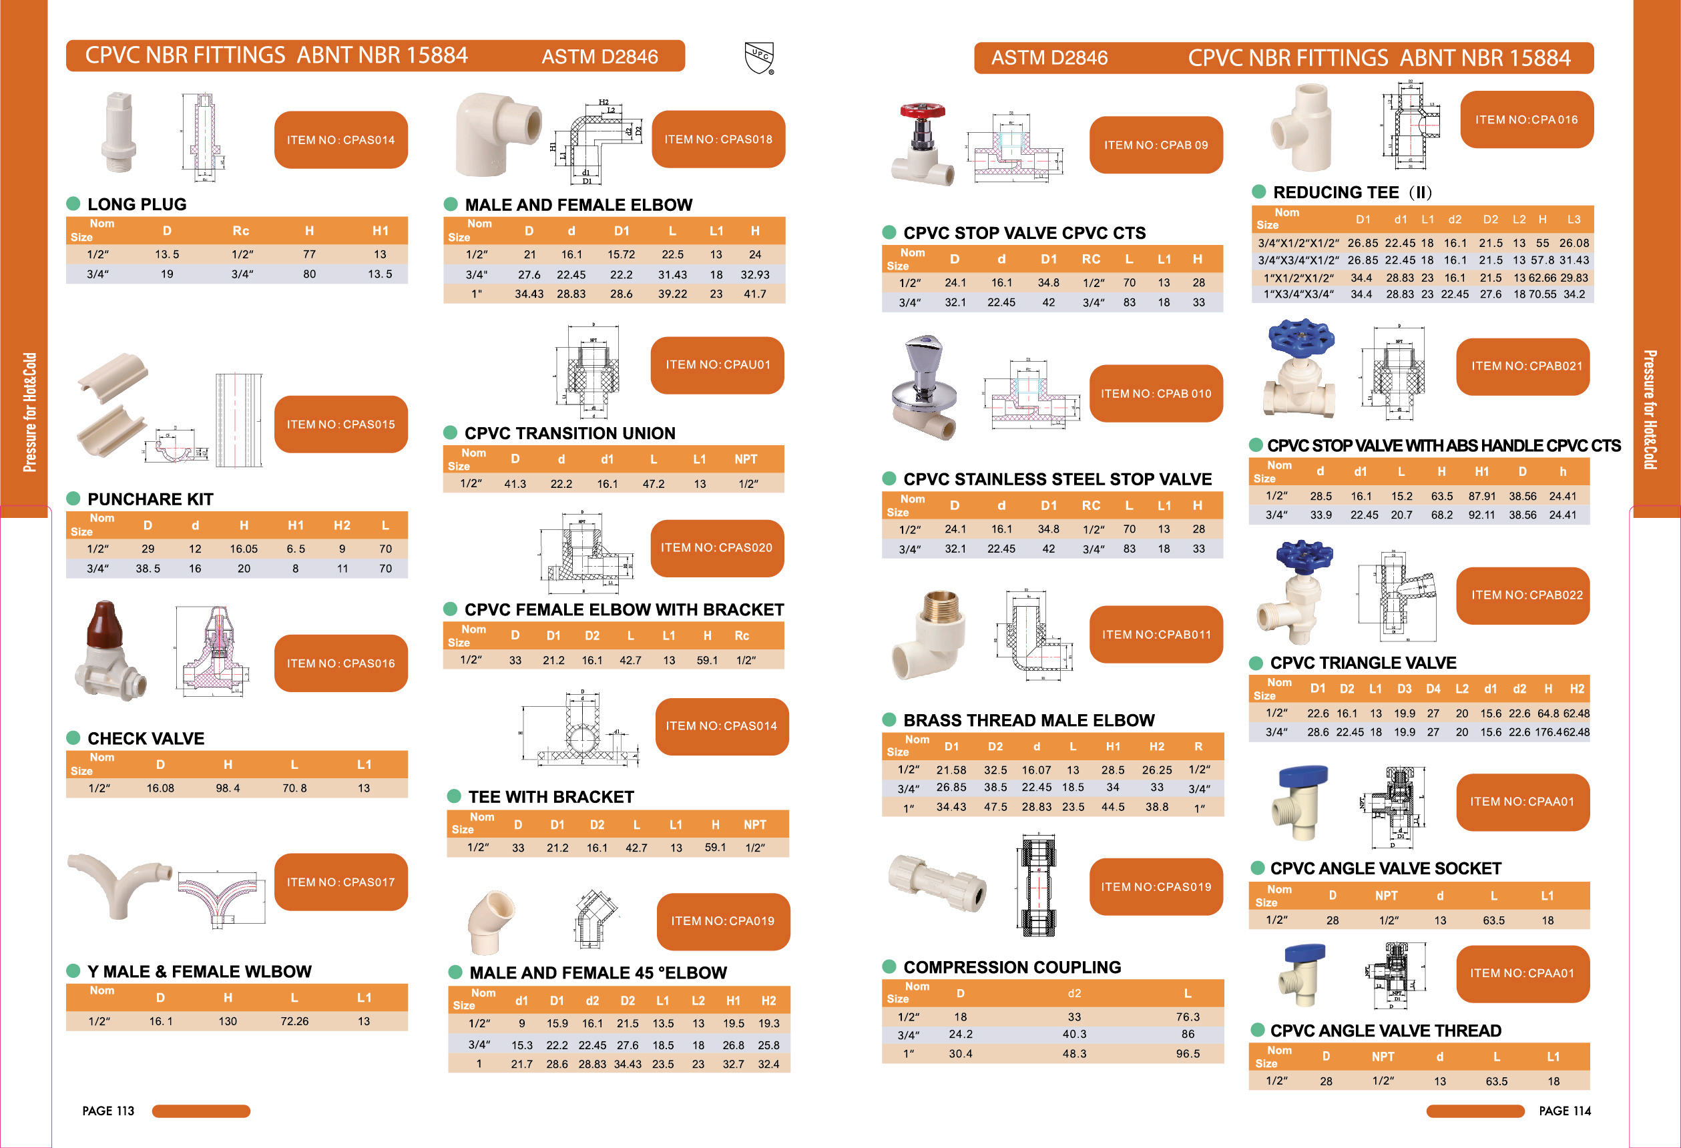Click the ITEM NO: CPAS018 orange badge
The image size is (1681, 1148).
(x=718, y=139)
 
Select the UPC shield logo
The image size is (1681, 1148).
(x=759, y=57)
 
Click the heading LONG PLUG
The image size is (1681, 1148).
(x=136, y=204)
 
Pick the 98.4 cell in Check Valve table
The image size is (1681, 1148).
(x=227, y=788)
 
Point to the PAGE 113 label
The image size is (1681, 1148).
(x=107, y=1111)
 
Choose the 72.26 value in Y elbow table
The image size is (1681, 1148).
(x=294, y=1021)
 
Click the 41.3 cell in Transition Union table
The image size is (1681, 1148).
(x=514, y=483)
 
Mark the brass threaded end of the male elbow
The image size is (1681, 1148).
(x=941, y=607)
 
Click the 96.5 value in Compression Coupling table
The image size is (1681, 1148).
(x=1187, y=1053)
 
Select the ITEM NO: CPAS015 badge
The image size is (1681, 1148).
(x=340, y=424)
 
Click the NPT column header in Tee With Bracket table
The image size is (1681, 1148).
(x=754, y=825)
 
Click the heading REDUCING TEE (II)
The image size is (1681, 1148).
(x=1351, y=192)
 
